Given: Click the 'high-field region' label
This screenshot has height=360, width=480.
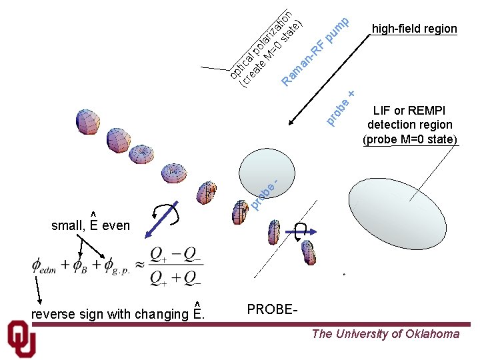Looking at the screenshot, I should (414, 29).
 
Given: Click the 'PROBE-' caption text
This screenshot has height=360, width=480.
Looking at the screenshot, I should (272, 309).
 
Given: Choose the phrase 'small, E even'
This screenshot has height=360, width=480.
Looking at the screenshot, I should (91, 225).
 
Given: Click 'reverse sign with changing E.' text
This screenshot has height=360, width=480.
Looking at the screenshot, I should (117, 313).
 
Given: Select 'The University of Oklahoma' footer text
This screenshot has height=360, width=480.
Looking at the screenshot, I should (385, 334).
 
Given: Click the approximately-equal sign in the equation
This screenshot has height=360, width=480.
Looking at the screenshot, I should (141, 265).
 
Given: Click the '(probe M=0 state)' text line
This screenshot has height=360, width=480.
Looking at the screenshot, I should (410, 139).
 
